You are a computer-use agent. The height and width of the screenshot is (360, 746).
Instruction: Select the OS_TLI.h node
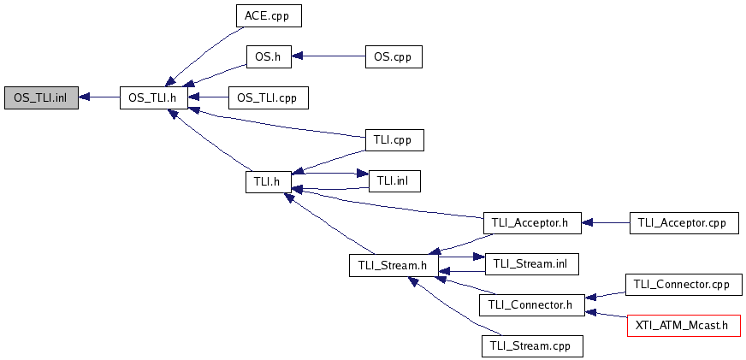point(152,97)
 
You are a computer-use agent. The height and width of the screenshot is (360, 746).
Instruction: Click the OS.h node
point(269,57)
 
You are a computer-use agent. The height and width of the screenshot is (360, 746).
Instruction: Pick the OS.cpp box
point(394,57)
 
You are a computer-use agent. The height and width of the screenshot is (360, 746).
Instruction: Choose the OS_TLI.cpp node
point(268,97)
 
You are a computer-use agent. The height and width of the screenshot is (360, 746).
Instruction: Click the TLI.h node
point(269,181)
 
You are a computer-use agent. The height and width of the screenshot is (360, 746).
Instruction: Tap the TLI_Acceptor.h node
point(531,223)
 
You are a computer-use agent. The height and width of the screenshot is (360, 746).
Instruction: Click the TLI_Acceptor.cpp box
point(683,223)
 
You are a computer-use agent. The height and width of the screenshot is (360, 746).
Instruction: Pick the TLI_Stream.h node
point(394,265)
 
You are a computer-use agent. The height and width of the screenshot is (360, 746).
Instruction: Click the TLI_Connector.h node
point(531,305)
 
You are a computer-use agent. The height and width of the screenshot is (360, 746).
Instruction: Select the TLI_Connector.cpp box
point(683,284)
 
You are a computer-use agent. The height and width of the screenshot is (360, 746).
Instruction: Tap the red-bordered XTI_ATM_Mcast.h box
point(683,325)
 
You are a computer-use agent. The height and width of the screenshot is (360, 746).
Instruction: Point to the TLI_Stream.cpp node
point(531,346)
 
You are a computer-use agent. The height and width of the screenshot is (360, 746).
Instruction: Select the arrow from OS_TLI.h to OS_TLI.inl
point(99,97)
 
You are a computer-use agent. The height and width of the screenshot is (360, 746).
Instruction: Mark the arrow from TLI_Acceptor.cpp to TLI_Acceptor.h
point(605,223)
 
